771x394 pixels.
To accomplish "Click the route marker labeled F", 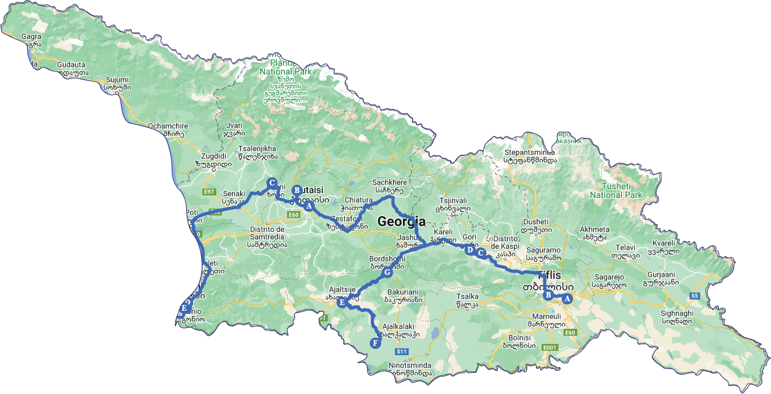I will point(375,343).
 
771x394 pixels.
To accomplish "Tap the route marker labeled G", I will point(387,272).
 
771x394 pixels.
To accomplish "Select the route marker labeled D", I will point(469,250).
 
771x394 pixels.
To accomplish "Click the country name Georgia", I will point(401,222).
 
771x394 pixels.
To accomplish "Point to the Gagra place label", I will point(31,36).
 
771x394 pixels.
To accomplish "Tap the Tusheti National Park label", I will point(616,190).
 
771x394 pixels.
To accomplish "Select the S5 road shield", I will point(694,296).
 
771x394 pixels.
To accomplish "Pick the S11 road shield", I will point(402,351).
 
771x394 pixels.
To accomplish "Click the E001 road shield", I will point(550,347).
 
